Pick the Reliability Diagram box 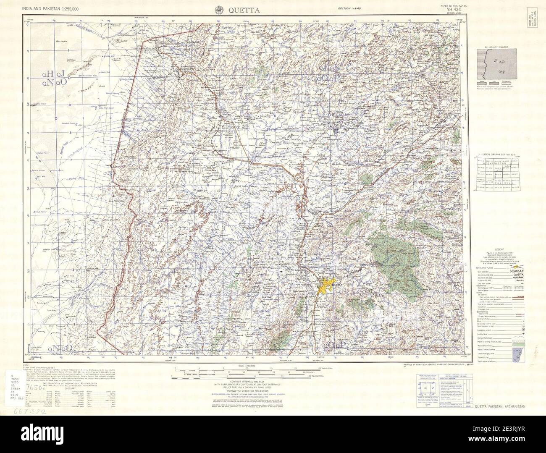coord(497,64)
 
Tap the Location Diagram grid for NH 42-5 coord(497,173)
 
